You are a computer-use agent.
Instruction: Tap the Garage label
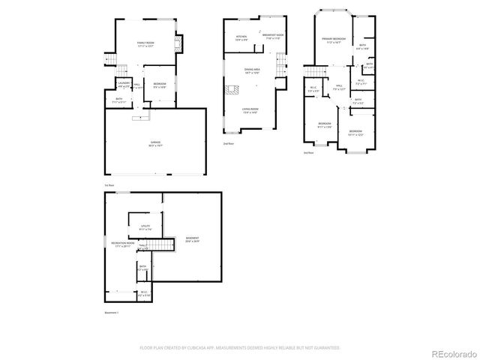point(155,142)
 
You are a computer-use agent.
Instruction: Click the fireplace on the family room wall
point(178,43)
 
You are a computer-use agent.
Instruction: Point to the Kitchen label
point(241,37)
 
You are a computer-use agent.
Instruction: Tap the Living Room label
point(250,110)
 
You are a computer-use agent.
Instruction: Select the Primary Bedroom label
point(333,39)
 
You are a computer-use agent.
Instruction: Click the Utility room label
point(145,226)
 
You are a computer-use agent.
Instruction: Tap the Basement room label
point(192,240)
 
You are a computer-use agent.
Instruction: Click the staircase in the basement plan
point(158,247)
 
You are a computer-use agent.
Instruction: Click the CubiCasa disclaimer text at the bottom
point(239,348)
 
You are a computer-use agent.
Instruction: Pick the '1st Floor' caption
point(109,184)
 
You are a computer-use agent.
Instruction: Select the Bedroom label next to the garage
point(160,84)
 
